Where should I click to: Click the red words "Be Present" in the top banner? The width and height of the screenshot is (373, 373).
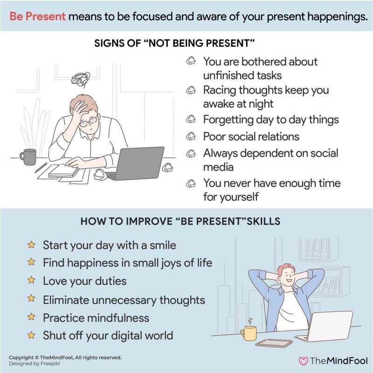click(x=37, y=17)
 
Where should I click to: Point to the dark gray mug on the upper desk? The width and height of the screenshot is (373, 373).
click(x=28, y=157)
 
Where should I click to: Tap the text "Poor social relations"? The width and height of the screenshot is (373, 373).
click(x=251, y=137)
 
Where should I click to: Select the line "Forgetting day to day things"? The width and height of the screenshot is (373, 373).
click(x=271, y=120)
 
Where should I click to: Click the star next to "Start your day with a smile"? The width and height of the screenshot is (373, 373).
click(x=31, y=245)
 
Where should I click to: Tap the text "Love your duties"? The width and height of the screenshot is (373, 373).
click(x=84, y=281)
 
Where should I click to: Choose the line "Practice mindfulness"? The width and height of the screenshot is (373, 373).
click(x=96, y=318)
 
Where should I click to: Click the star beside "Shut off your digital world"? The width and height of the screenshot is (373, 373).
click(x=31, y=335)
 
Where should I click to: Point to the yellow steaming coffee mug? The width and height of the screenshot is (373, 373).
click(x=248, y=332)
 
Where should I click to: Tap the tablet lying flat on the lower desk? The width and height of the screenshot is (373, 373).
click(x=262, y=343)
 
